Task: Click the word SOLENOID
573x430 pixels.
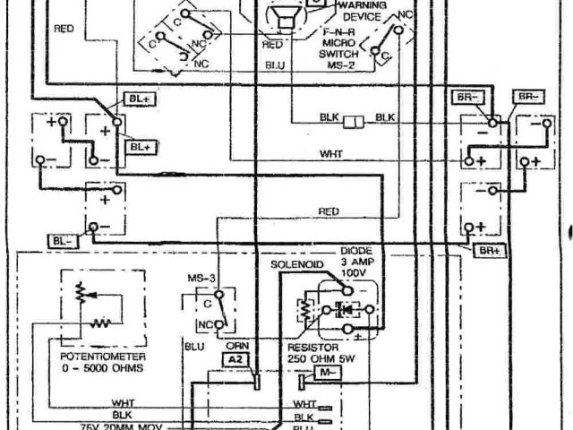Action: [x=296, y=266]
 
